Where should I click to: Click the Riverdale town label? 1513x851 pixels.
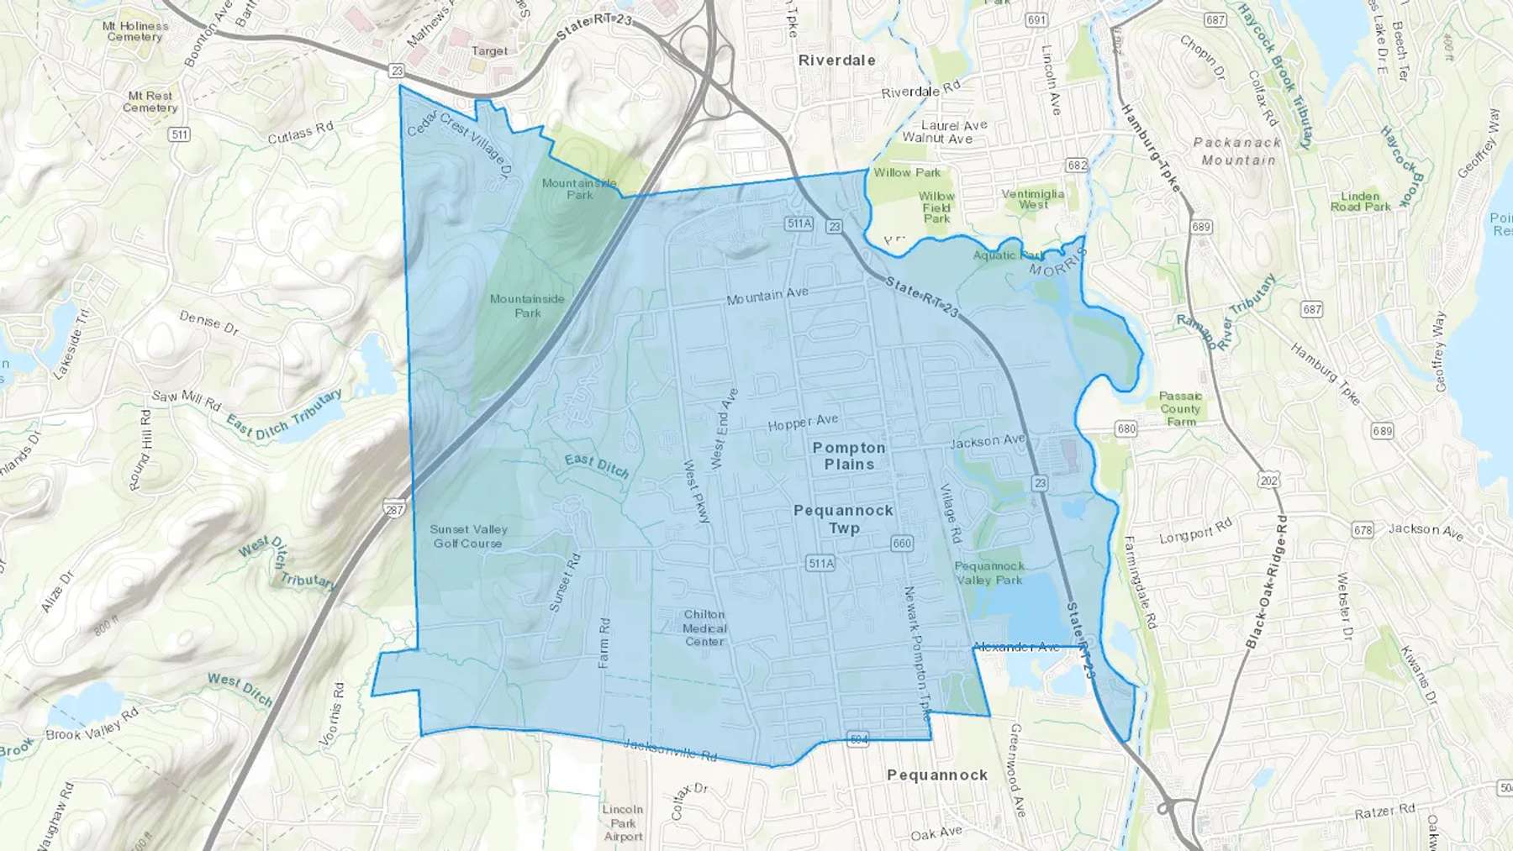(x=836, y=60)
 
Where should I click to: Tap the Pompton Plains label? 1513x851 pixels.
(x=849, y=456)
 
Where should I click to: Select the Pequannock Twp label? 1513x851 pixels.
(x=843, y=519)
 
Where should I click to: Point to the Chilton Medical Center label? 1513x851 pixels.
(x=704, y=628)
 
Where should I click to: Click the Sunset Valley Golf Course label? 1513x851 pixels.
(x=468, y=536)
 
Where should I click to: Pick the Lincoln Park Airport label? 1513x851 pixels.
(x=623, y=822)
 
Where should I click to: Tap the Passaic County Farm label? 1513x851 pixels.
(x=1181, y=408)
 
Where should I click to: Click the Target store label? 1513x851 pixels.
(x=489, y=51)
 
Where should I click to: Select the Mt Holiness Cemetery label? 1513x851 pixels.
(x=134, y=31)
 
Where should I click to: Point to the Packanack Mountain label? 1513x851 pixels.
(x=1238, y=151)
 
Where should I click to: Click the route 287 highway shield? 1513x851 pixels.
(x=394, y=509)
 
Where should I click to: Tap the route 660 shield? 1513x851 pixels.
(x=902, y=544)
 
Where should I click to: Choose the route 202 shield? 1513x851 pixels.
(x=1268, y=481)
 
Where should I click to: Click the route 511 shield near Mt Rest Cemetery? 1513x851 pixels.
(x=179, y=134)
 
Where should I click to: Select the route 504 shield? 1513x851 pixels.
(x=857, y=740)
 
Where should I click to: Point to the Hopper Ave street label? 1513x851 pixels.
(x=803, y=423)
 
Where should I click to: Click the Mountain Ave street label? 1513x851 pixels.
(x=767, y=296)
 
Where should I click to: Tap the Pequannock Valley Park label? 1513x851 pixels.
(x=989, y=573)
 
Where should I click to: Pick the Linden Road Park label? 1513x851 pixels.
(x=1360, y=201)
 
